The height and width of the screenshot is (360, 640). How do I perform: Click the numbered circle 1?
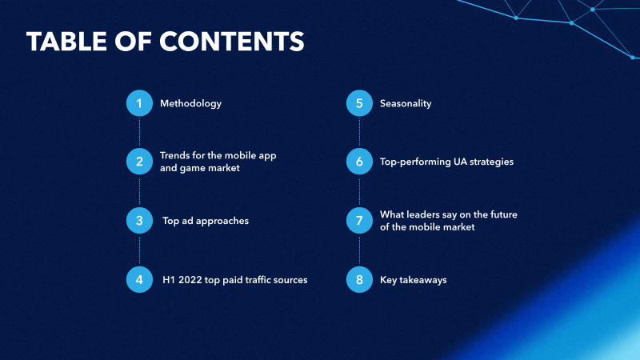(139, 103)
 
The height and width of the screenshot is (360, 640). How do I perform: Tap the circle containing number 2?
(139, 162)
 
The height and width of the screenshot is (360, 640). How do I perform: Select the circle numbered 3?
(139, 221)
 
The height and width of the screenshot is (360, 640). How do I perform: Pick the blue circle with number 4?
(139, 279)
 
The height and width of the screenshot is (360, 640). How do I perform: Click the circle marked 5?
(359, 103)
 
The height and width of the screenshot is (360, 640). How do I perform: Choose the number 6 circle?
(359, 162)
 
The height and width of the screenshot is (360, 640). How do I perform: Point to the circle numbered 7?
(359, 221)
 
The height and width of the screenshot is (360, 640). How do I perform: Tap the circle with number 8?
(359, 279)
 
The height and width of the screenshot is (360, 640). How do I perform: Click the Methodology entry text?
(190, 104)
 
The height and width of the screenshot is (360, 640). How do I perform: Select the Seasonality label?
(406, 104)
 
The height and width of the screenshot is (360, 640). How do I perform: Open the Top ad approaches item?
(206, 221)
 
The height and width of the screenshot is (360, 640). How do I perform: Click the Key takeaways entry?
(413, 280)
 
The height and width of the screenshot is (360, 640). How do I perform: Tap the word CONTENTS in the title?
(231, 42)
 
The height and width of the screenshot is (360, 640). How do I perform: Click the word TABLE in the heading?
(66, 42)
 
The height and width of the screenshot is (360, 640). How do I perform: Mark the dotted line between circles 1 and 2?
(139, 132)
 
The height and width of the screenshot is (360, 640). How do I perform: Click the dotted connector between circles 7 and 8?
(359, 250)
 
